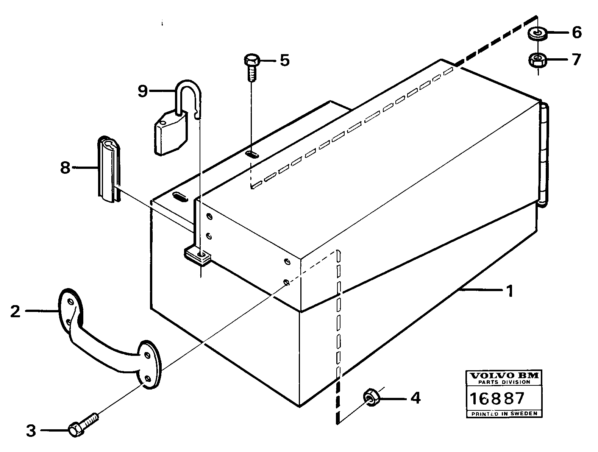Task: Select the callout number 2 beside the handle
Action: (x=15, y=311)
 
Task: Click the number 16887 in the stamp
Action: (x=497, y=398)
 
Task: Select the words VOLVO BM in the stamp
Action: (x=504, y=376)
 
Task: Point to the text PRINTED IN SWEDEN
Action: (x=504, y=414)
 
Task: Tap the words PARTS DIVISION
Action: (x=504, y=382)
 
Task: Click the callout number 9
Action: (x=142, y=91)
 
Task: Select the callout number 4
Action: (x=415, y=397)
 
